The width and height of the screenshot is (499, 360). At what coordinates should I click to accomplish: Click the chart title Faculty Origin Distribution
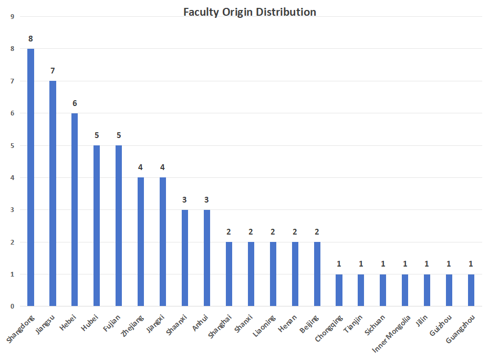(250, 12)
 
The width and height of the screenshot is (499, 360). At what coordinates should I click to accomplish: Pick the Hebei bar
(75, 209)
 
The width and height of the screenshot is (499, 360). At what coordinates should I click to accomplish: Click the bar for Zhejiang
(141, 241)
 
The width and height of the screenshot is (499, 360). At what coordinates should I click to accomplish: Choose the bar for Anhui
(207, 258)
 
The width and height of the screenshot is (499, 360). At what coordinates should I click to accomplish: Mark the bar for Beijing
(317, 274)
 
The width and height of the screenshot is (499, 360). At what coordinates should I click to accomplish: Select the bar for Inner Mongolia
(405, 290)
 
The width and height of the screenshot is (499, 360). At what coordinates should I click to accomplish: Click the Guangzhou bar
(471, 290)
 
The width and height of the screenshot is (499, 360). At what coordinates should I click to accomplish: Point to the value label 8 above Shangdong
(31, 38)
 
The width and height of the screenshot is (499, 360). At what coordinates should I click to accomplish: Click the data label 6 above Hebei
(75, 103)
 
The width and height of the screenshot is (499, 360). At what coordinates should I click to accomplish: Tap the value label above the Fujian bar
(119, 135)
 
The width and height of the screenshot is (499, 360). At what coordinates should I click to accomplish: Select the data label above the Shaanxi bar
(185, 199)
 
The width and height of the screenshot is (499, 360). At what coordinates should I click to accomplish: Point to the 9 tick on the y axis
(12, 16)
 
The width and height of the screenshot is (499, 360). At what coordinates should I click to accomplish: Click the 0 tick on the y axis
(12, 306)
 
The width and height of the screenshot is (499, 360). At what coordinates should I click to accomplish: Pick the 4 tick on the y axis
(12, 177)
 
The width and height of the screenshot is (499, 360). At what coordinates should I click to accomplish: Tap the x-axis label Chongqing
(330, 327)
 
